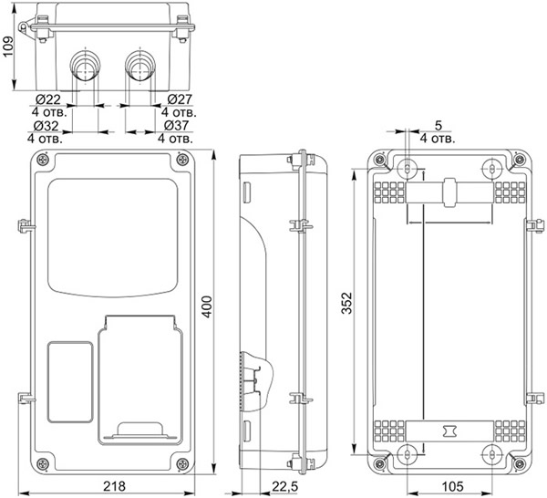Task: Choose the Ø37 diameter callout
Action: click(x=178, y=125)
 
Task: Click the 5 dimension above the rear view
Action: click(x=439, y=125)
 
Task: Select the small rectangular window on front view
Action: click(x=69, y=382)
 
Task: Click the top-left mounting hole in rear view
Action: click(x=408, y=168)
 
